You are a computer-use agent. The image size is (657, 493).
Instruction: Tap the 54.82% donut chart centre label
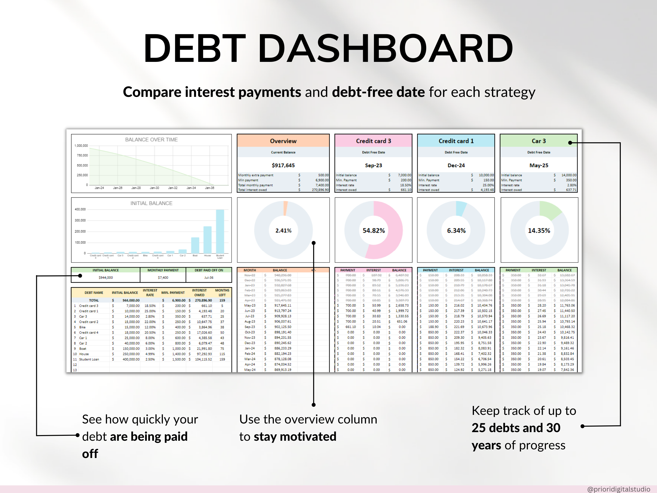(x=373, y=231)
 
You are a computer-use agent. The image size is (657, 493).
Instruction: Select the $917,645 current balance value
(x=283, y=165)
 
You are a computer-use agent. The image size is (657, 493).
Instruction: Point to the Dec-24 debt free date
(x=456, y=165)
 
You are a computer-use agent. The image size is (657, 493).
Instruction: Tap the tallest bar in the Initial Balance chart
(x=220, y=231)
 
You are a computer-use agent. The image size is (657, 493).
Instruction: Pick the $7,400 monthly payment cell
(x=163, y=278)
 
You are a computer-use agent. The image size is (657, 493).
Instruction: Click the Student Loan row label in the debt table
(x=89, y=359)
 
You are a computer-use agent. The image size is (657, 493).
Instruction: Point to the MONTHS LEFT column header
(x=222, y=293)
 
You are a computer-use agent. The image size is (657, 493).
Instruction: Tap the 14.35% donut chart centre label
(x=539, y=231)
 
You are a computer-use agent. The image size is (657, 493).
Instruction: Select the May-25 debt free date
(x=539, y=165)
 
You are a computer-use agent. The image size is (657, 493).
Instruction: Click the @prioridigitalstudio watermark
(x=618, y=489)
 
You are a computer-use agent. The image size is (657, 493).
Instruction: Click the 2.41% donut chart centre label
(x=283, y=231)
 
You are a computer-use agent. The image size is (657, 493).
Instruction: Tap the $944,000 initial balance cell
(x=105, y=278)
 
